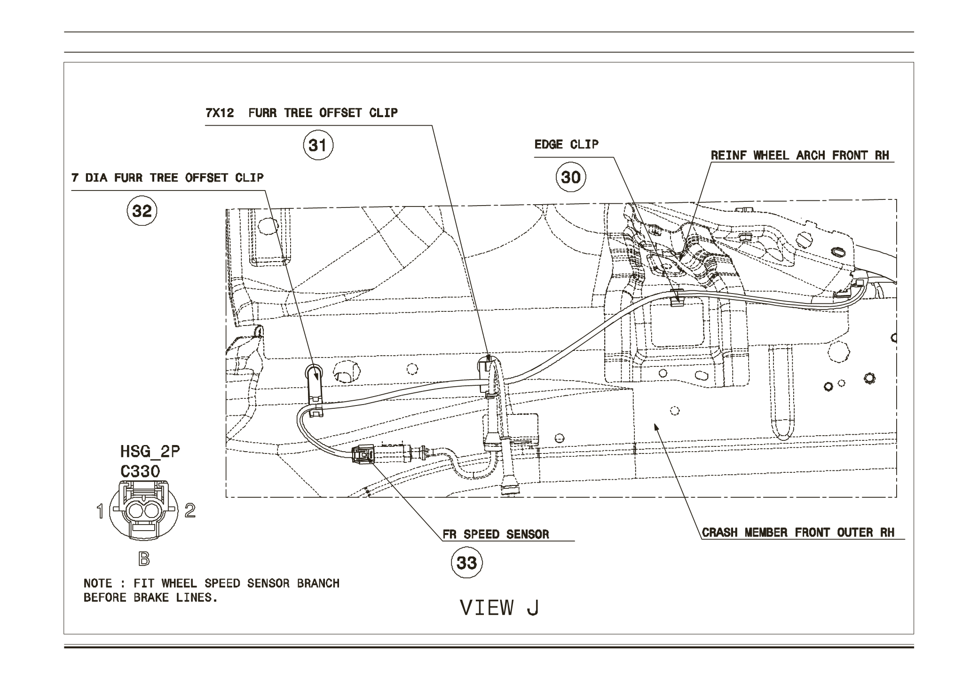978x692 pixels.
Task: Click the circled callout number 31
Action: (x=318, y=145)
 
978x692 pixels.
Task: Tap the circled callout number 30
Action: (x=571, y=177)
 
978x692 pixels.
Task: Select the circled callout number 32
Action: (x=142, y=211)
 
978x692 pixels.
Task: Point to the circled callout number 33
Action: (x=466, y=563)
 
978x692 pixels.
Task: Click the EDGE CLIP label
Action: (x=566, y=144)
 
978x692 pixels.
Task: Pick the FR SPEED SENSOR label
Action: (x=496, y=534)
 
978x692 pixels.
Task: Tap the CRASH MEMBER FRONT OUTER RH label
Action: (x=798, y=533)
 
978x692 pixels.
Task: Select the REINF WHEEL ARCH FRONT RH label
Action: (x=799, y=156)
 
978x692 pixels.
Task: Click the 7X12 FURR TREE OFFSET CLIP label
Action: (x=301, y=113)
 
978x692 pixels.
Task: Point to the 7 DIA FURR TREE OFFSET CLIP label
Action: (x=167, y=178)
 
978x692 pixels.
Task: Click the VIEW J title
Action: (x=499, y=608)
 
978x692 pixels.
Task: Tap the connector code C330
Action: (x=140, y=471)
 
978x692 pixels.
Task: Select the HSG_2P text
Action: (x=150, y=452)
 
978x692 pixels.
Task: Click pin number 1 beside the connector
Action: (x=100, y=511)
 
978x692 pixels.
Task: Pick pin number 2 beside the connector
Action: (x=190, y=510)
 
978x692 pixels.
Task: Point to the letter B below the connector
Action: (x=144, y=559)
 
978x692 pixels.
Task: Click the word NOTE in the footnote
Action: (x=98, y=583)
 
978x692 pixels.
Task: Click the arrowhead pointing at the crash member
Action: (x=656, y=426)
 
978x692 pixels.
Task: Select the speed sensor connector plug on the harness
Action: (x=363, y=454)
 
